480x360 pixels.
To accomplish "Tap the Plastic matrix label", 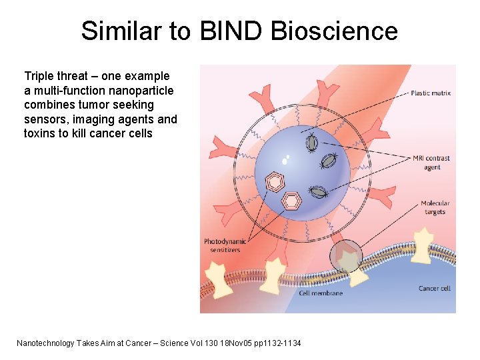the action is coord(431,93).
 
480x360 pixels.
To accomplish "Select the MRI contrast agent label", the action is coord(431,163).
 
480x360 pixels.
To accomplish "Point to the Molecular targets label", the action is coord(435,207).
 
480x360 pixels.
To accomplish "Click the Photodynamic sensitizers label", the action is coord(225,245).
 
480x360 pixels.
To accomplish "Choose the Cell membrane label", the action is coord(321,293).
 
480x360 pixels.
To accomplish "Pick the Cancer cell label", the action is coord(434,288).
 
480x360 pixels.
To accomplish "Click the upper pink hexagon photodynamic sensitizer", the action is coord(275,181).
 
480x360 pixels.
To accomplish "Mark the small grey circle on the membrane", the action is coord(346,255).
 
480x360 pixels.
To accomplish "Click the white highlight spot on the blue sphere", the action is coord(286,160).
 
